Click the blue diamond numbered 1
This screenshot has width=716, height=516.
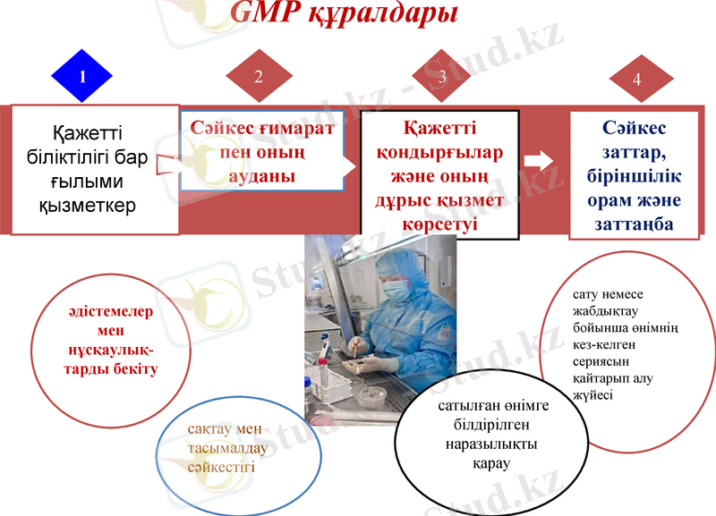tap(81, 75)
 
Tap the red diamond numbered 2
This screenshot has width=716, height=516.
tap(259, 75)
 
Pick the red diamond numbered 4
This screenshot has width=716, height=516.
tap(636, 79)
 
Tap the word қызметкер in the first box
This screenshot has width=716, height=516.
tap(88, 206)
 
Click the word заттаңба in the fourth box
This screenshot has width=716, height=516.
tap(634, 224)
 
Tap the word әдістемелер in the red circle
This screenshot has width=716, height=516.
tap(110, 312)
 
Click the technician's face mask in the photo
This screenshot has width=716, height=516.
tap(396, 292)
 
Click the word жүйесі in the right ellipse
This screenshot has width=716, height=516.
tap(592, 394)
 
